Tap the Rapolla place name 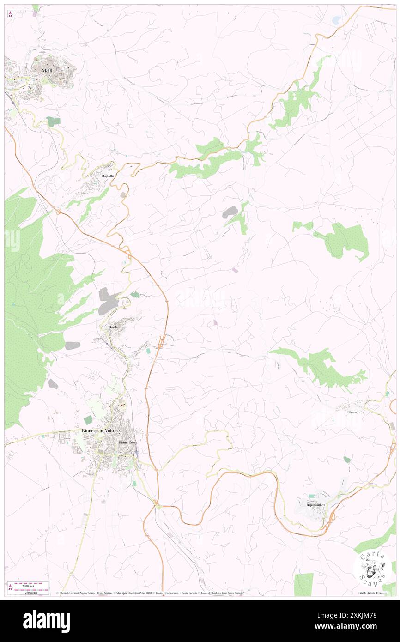point(108,176)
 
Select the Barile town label point(114,327)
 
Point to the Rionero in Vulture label point(101,430)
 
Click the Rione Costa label point(127,442)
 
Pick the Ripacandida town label point(316,505)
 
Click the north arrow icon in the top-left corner point(10,15)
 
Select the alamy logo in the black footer point(46,621)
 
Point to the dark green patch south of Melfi point(53,121)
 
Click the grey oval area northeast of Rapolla point(230,212)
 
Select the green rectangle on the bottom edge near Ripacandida point(303,584)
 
